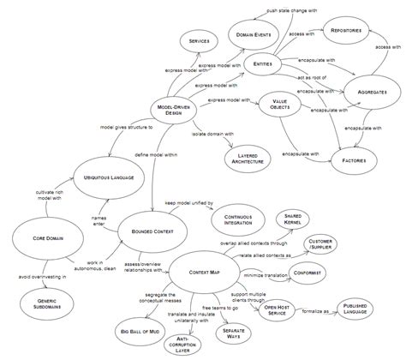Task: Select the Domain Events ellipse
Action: click(250, 34)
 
